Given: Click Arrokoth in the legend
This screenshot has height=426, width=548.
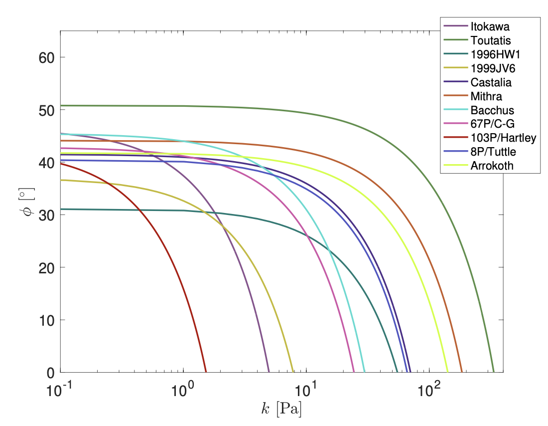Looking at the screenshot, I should point(491,166).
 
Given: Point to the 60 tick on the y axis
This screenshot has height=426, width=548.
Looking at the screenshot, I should point(46,57).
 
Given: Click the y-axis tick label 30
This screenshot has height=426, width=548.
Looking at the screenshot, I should point(46,215).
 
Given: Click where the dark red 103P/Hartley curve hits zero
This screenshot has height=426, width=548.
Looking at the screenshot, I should point(206,372).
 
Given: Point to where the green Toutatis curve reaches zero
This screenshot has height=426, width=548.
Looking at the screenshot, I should point(493,372).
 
